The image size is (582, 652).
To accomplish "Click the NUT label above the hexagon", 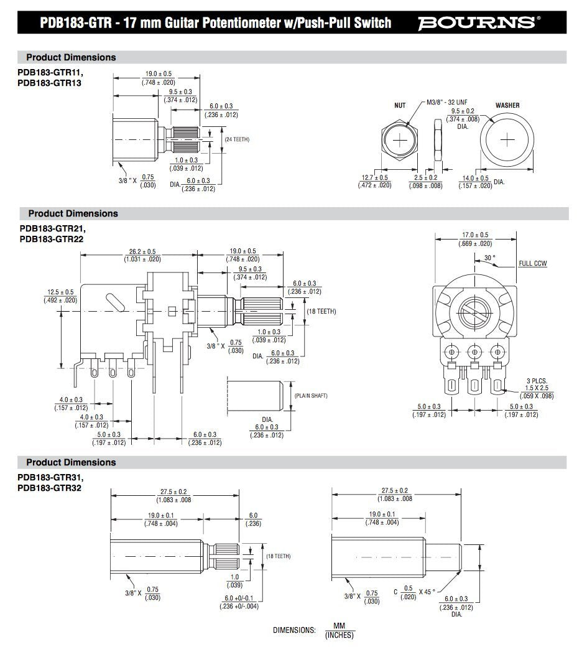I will [x=400, y=105].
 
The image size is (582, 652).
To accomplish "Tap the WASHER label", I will [x=507, y=105].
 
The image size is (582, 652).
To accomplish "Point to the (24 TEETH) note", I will [x=237, y=139].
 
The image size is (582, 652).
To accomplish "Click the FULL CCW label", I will [x=533, y=264].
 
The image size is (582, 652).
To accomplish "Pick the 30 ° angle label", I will [x=490, y=257].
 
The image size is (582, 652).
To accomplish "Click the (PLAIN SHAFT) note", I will [x=311, y=396].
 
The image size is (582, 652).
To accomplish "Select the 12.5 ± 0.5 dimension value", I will [x=60, y=292].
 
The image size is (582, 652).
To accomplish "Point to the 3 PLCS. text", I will [x=537, y=381].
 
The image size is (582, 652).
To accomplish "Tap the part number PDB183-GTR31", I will [x=50, y=477].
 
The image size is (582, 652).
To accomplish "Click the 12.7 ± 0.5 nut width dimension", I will [x=374, y=177].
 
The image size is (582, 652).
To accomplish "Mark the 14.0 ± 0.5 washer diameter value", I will [x=475, y=178].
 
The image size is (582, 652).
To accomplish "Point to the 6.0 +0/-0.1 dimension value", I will [x=238, y=598].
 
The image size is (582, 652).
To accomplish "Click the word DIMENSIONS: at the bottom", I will [x=295, y=630].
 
